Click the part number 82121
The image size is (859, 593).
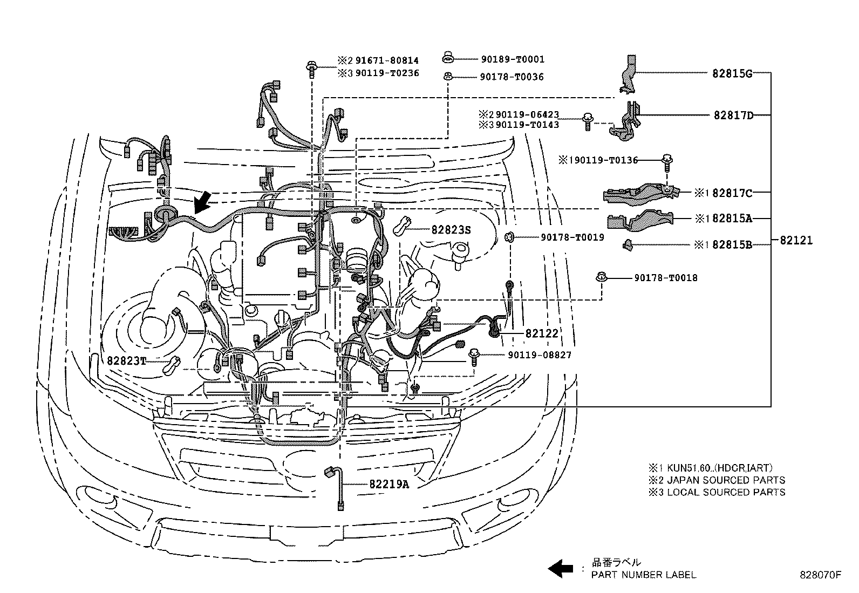point(796,241)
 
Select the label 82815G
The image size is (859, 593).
point(732,74)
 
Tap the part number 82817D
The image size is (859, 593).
point(733,115)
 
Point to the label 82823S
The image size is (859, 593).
point(451,230)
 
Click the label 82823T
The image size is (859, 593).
point(126,360)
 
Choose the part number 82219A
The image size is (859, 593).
point(389,484)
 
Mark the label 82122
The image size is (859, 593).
point(541,333)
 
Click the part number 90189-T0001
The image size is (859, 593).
point(512,59)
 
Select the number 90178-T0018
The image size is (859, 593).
point(665,278)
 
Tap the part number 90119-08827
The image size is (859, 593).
point(539,355)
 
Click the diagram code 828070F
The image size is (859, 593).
point(820,575)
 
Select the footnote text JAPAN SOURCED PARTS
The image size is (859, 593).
point(726,480)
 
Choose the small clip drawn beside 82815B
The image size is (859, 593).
point(627,244)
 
